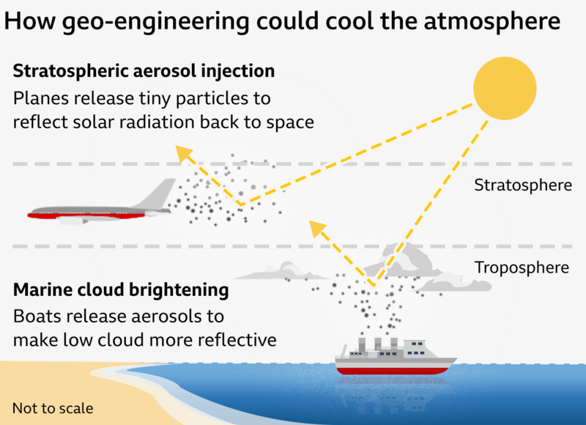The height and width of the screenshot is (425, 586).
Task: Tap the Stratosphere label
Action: coord(522,185)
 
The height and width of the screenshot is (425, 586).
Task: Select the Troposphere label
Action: coord(521,267)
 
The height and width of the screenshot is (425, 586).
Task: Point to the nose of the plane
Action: coord(31,215)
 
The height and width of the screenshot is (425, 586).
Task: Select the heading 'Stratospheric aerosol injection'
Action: coord(144,71)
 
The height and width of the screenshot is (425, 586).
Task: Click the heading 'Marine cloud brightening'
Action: coord(121,290)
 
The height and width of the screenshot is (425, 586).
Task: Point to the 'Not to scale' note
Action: coord(53,407)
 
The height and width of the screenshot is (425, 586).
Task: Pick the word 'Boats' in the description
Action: coord(36,317)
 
